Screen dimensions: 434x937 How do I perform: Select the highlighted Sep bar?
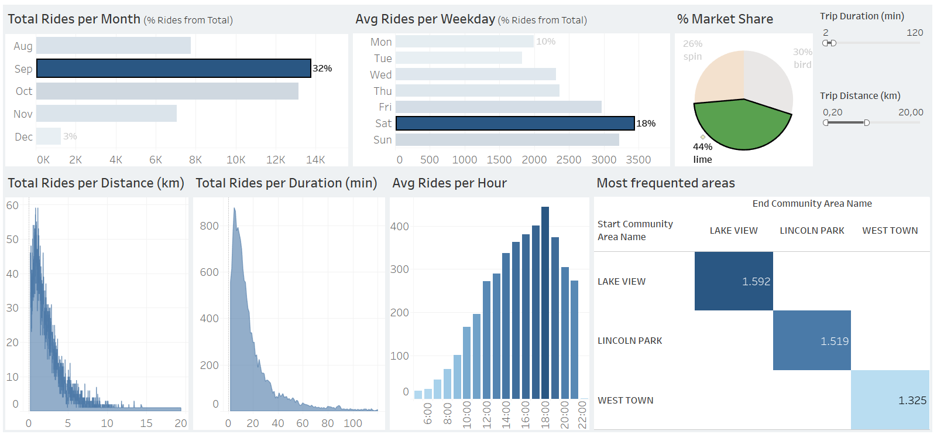(x=173, y=69)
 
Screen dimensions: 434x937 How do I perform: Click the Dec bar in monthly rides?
(x=49, y=136)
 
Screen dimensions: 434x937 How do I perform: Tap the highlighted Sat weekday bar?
(x=515, y=123)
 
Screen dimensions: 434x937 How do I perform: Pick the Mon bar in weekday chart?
(x=464, y=42)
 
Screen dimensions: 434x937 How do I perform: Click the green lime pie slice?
(x=742, y=125)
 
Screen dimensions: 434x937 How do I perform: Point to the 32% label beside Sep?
(x=322, y=69)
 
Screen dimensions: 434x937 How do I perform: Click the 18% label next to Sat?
(x=646, y=124)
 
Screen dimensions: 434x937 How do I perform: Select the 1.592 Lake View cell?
(x=734, y=281)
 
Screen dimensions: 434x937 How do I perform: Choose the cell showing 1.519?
(x=812, y=340)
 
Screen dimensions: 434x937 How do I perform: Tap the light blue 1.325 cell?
(x=890, y=400)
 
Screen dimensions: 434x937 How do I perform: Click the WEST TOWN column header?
(x=890, y=231)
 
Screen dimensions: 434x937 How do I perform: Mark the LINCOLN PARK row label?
(x=630, y=341)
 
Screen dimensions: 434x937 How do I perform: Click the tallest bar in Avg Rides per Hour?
(x=545, y=302)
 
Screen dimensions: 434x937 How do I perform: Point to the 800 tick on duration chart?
(x=210, y=226)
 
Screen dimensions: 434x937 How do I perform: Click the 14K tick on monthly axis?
(x=315, y=160)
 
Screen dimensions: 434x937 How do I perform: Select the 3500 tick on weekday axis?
(x=639, y=160)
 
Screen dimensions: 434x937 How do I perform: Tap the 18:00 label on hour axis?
(x=545, y=414)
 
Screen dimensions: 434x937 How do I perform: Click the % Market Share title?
(x=725, y=19)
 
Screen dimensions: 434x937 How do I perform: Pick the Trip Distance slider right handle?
(x=867, y=122)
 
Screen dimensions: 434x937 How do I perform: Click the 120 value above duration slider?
(x=915, y=33)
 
